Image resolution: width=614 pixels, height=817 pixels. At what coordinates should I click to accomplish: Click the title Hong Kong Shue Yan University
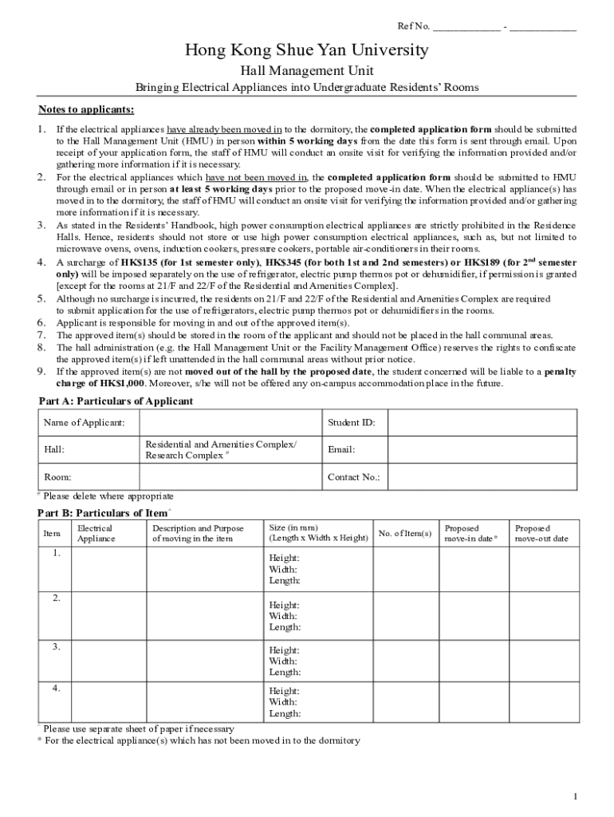[x=307, y=51]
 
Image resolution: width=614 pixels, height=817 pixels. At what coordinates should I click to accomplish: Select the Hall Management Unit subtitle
[x=307, y=71]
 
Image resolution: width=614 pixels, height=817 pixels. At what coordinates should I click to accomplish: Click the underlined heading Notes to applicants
[x=86, y=109]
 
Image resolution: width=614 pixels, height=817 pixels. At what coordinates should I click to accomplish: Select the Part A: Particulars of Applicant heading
[x=116, y=401]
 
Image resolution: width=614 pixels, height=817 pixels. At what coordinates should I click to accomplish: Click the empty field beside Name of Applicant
[x=230, y=422]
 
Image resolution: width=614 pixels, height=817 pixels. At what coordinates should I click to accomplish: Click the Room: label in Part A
[x=57, y=477]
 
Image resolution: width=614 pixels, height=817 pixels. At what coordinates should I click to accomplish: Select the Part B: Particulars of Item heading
[x=105, y=511]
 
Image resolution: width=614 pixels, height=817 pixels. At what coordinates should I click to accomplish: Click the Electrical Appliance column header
[x=96, y=533]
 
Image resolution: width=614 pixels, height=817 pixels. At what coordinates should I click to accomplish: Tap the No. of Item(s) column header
[x=405, y=533]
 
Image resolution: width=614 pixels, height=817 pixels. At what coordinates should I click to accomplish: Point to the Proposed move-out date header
[x=541, y=533]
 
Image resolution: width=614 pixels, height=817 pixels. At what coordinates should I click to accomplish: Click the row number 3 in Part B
[x=56, y=647]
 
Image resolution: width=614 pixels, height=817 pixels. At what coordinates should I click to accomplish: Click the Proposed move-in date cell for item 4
[x=474, y=702]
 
